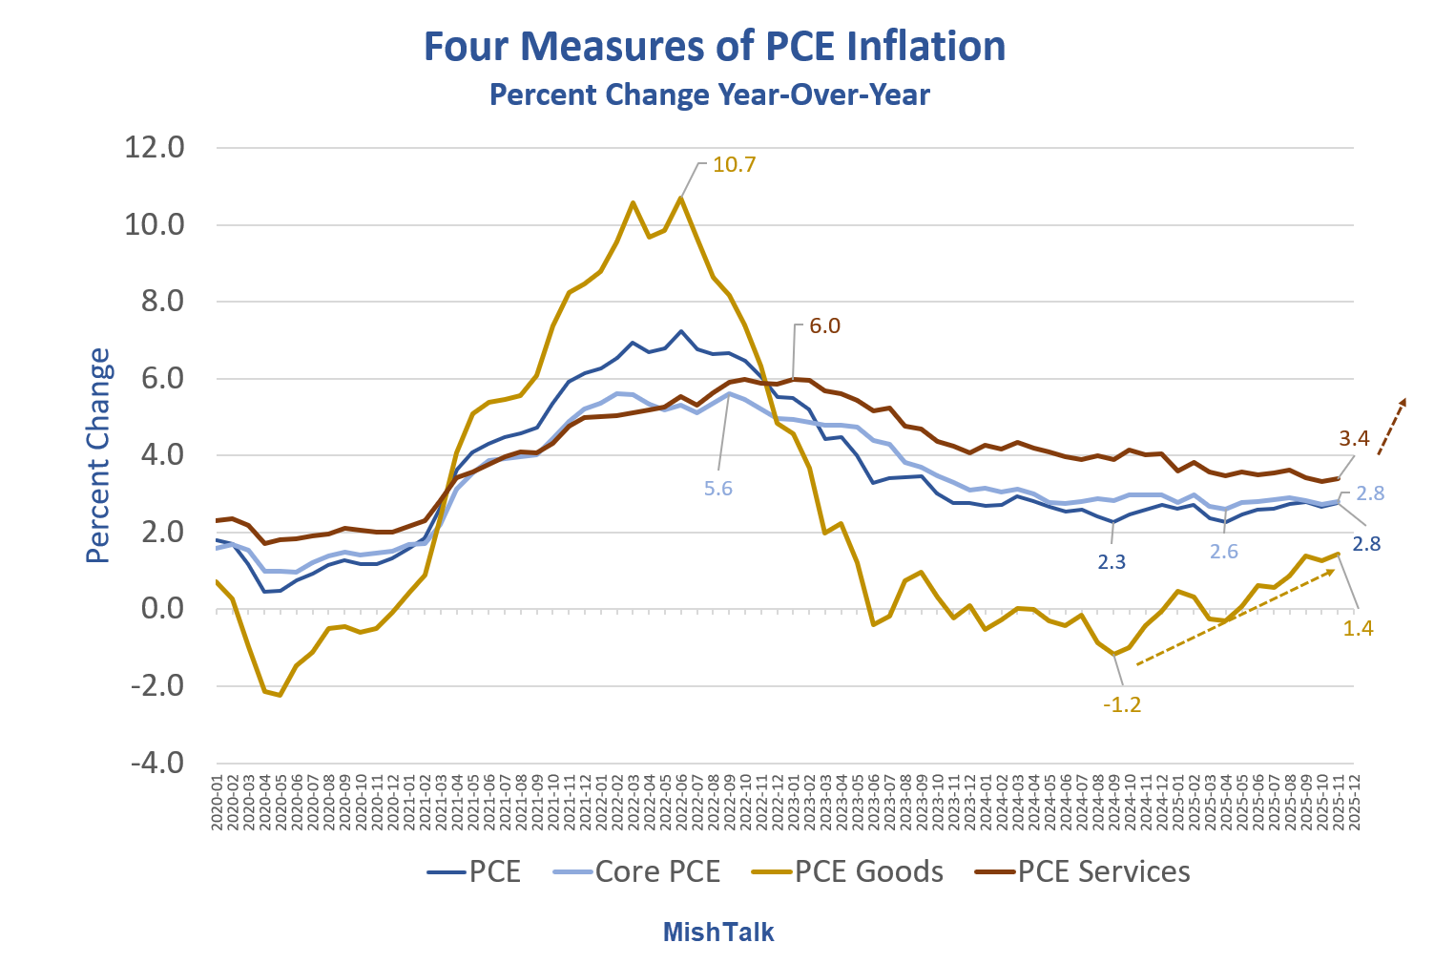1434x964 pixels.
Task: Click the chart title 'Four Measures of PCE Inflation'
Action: click(x=715, y=47)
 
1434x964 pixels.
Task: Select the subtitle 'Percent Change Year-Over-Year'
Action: click(x=709, y=95)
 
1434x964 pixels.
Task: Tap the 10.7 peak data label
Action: click(x=734, y=164)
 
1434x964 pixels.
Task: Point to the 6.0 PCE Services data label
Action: click(x=824, y=326)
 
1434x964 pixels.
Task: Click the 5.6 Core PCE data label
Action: click(x=718, y=489)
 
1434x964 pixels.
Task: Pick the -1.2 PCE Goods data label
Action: click(x=1121, y=706)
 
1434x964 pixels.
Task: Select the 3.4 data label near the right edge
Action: click(x=1354, y=439)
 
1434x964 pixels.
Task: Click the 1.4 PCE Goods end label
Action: click(x=1358, y=628)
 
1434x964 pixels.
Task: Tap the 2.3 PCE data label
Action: click(x=1112, y=562)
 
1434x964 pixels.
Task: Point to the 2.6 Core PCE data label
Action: click(x=1224, y=553)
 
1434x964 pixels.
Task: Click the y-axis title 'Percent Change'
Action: click(x=98, y=455)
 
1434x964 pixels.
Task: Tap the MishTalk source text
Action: click(x=717, y=933)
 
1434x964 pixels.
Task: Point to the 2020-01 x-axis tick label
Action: click(x=218, y=803)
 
